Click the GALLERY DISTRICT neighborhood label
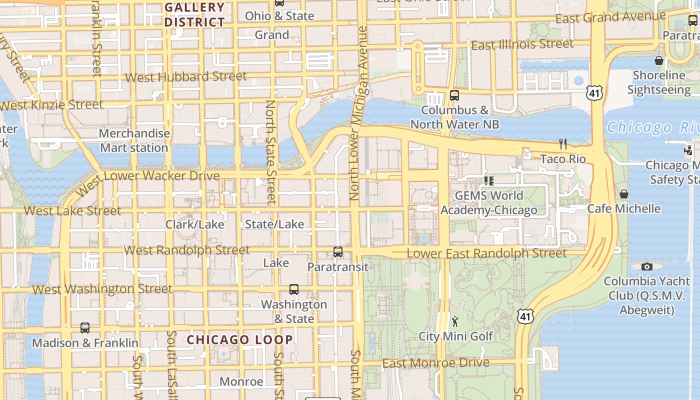tap(194, 14)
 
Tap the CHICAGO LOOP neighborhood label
tap(240, 340)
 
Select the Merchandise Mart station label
tap(134, 140)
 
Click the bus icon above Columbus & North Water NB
tap(454, 95)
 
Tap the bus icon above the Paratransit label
tap(338, 252)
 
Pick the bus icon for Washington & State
tap(294, 289)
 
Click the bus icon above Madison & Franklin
tap(85, 328)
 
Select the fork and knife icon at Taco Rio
tap(563, 144)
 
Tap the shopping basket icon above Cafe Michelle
tap(623, 194)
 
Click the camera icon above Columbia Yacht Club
tap(647, 266)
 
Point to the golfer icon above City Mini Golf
tap(455, 321)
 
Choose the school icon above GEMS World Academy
tap(488, 180)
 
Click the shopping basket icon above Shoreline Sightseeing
tap(659, 60)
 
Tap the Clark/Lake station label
tap(194, 224)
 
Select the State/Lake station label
tap(274, 224)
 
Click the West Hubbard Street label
tap(185, 76)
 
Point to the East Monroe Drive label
tap(435, 362)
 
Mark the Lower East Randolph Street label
tap(486, 253)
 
